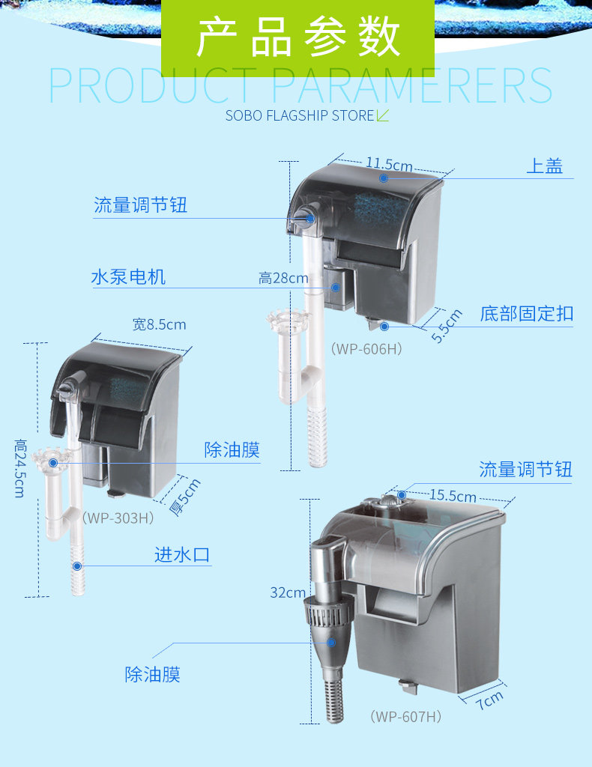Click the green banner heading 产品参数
(x=298, y=38)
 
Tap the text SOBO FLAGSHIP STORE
(x=300, y=116)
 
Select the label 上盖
(x=544, y=166)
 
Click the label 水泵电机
(x=128, y=277)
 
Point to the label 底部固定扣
(x=526, y=313)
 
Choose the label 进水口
(x=182, y=555)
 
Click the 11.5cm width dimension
(x=390, y=164)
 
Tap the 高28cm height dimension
(x=283, y=279)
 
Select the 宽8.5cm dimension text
(x=159, y=324)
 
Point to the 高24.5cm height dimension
(x=20, y=468)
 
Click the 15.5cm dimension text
(x=453, y=496)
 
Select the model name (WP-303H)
(x=118, y=517)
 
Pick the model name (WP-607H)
(x=405, y=717)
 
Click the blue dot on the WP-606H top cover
(x=384, y=178)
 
